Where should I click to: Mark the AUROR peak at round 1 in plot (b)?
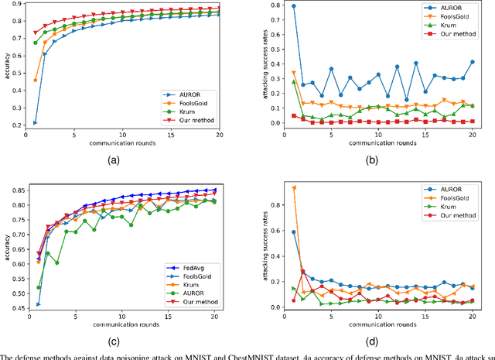(x=294, y=6)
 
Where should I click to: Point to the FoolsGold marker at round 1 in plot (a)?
(x=36, y=80)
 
